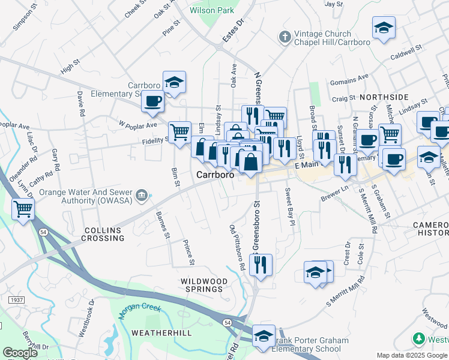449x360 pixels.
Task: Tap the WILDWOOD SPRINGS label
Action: [205, 285]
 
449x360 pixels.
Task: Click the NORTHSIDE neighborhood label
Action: [384, 97]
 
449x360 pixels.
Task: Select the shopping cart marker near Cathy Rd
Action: [23, 209]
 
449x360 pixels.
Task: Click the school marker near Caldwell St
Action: [384, 27]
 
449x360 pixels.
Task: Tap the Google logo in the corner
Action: [19, 353]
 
